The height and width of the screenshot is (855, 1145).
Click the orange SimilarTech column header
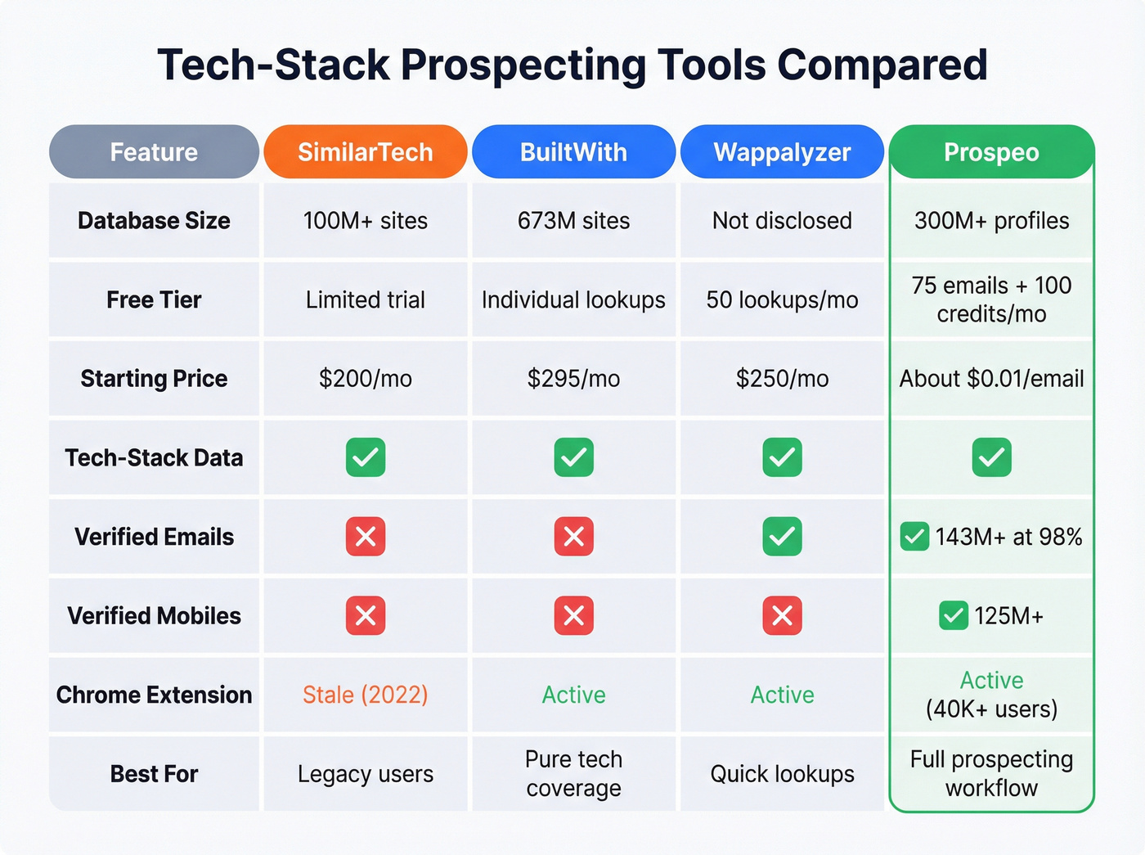pyautogui.click(x=365, y=152)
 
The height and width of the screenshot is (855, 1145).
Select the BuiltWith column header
pyautogui.click(x=573, y=152)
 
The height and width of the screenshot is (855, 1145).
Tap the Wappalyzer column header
pyautogui.click(x=782, y=152)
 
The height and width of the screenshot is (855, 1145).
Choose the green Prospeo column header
pyautogui.click(x=991, y=152)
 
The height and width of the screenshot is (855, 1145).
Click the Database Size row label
pyautogui.click(x=154, y=221)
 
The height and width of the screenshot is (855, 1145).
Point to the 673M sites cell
pyautogui.click(x=573, y=221)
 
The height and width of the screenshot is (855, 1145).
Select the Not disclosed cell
pyautogui.click(x=782, y=221)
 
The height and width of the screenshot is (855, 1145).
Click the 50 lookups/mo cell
pyautogui.click(x=782, y=300)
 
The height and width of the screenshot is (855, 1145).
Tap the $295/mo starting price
pyautogui.click(x=573, y=379)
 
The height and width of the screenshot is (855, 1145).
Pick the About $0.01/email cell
pyautogui.click(x=991, y=379)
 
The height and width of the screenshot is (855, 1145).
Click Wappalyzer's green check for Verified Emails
pyautogui.click(x=782, y=537)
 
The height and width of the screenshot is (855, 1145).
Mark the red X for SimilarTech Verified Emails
pyautogui.click(x=366, y=537)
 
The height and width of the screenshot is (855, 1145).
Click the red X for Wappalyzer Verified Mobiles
pyautogui.click(x=782, y=616)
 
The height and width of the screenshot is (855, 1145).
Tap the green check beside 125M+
pyautogui.click(x=954, y=616)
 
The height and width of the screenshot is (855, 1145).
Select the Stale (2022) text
pyautogui.click(x=365, y=695)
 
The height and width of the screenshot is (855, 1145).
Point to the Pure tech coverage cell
pyautogui.click(x=573, y=774)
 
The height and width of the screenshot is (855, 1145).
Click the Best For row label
pyautogui.click(x=154, y=774)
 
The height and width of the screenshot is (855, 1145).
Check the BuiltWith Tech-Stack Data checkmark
pyautogui.click(x=573, y=457)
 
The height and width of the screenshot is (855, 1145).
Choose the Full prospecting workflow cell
pyautogui.click(x=991, y=774)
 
